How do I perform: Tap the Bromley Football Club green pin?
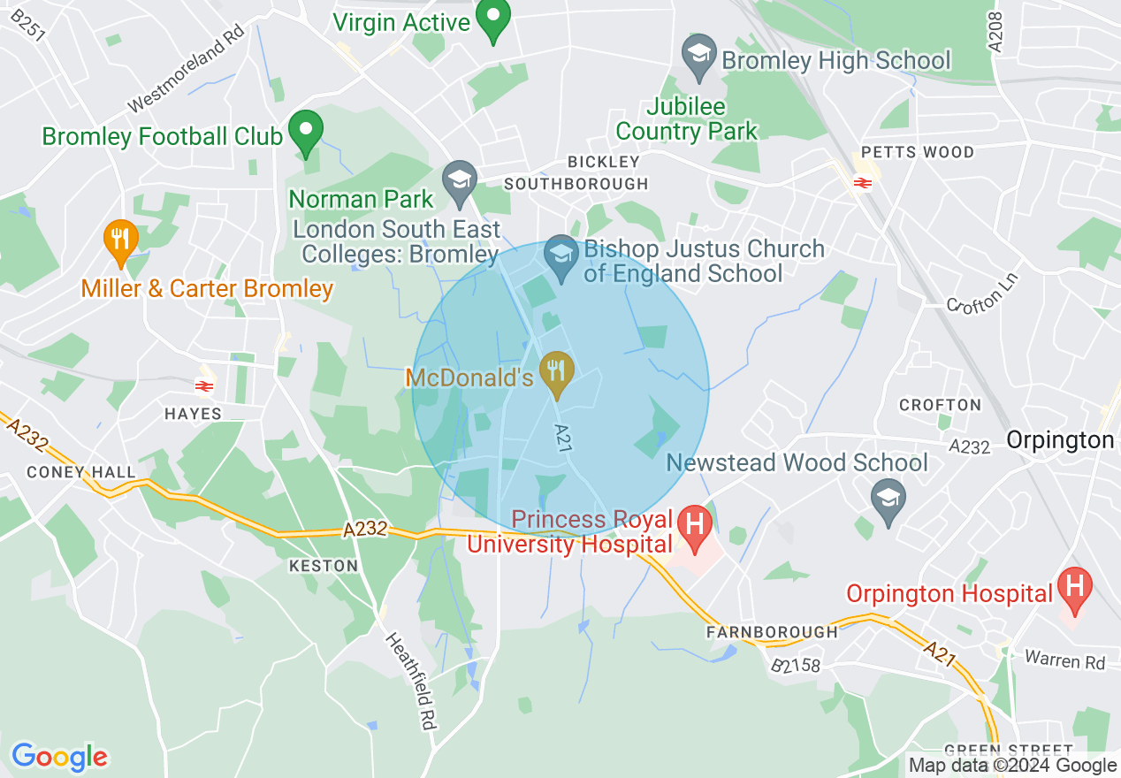(306, 133)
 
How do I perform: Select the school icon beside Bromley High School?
(698, 58)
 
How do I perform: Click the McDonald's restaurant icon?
(556, 373)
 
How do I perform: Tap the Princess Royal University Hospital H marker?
(694, 528)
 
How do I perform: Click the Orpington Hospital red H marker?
(1075, 590)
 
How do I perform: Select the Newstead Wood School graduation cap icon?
(888, 500)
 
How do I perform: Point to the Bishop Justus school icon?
(560, 257)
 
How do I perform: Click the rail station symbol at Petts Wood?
(863, 183)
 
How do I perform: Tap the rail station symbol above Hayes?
(204, 385)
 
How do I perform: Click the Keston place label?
(323, 566)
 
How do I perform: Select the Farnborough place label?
(771, 632)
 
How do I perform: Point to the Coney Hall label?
(81, 472)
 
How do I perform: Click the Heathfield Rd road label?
(412, 680)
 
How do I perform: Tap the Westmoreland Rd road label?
(186, 73)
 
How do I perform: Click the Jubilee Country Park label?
(686, 119)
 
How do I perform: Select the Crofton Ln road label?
(982, 293)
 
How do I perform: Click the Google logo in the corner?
(59, 757)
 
